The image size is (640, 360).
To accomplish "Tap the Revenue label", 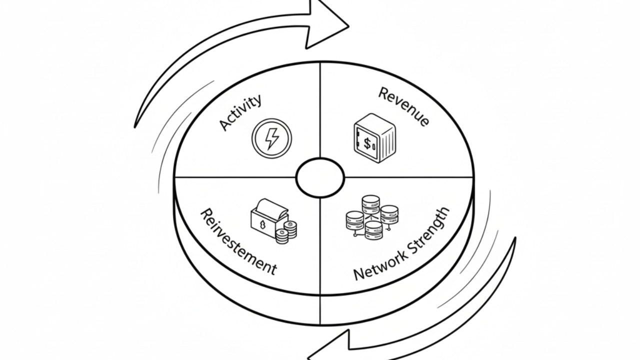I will [403, 106].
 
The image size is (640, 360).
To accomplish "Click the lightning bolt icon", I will [271, 138].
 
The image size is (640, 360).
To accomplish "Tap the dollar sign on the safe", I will [367, 144].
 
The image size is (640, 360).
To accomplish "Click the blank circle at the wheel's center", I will [320, 177].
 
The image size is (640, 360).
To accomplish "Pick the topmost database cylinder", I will [371, 204].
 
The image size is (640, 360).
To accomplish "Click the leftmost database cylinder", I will [354, 220].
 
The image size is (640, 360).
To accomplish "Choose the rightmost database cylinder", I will [389, 213].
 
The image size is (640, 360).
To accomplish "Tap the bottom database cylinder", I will [373, 230].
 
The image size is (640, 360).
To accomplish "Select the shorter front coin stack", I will [282, 236].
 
